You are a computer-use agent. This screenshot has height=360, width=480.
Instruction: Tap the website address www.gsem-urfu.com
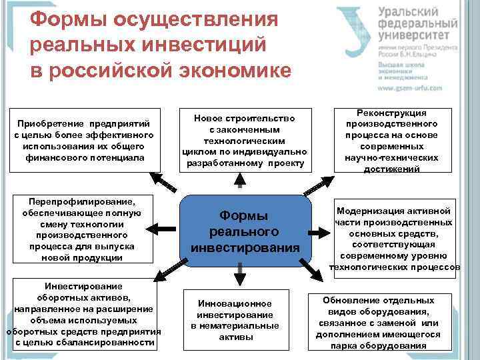(x=410, y=88)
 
